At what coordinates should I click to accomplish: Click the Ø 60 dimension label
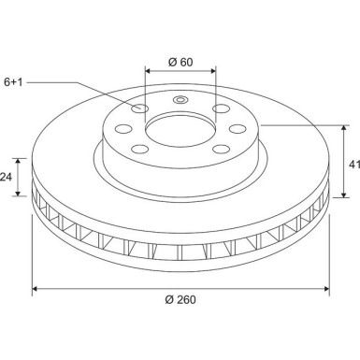click(x=180, y=62)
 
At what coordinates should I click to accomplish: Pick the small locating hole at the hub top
click(x=181, y=101)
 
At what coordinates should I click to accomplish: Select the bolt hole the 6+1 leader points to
click(x=141, y=109)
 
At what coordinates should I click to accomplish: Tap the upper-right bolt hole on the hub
click(x=221, y=109)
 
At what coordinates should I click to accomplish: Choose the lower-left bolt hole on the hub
click(x=141, y=150)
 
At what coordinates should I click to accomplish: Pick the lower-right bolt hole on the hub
click(x=221, y=150)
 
